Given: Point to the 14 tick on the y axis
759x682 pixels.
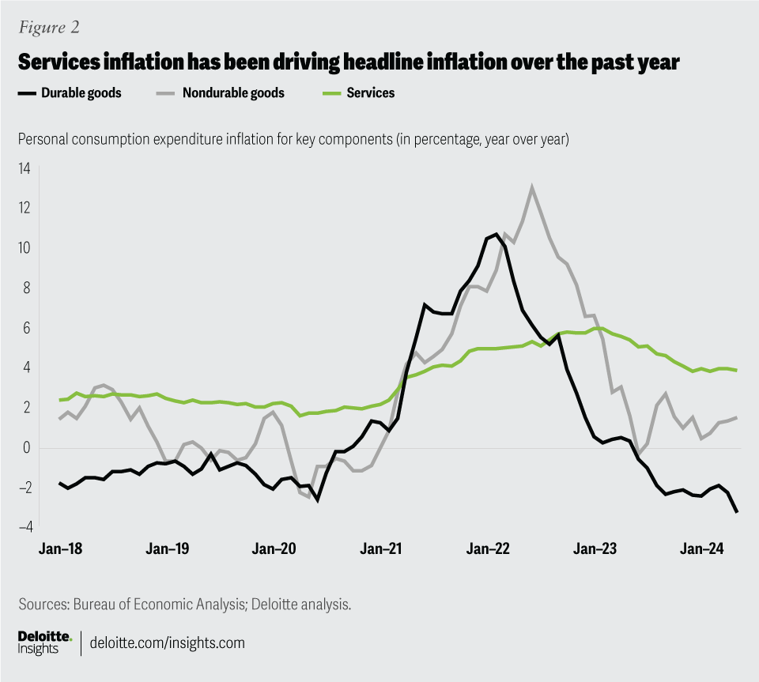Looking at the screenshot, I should [25, 168].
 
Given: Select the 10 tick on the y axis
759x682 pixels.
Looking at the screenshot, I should [25, 248].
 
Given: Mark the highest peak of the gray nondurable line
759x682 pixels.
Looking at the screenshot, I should [532, 188].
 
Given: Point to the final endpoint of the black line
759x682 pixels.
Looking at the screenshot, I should [737, 512].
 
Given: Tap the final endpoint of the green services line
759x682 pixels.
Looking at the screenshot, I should [737, 370].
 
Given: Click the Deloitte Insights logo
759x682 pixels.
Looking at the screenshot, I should [44, 642].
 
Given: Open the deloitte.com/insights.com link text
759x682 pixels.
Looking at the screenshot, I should [168, 642].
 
